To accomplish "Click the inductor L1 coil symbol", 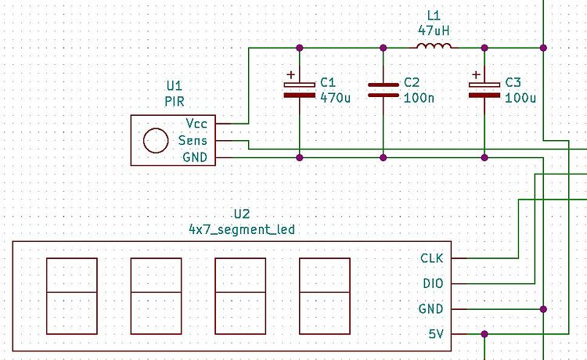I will point(434,48).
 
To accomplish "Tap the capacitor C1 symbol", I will point(299,89).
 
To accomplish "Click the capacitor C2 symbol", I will point(383,89).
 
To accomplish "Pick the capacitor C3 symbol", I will point(484,89).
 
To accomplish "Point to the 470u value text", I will point(334,98).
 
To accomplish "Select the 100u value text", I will point(520,98).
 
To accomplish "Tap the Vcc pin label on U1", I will point(196,124).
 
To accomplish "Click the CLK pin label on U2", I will point(432,258).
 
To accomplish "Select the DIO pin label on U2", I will point(433,283).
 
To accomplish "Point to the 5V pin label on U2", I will point(436,334).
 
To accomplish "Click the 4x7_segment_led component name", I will point(241,229).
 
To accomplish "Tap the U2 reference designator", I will point(241,214).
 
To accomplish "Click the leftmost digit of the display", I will point(72,295).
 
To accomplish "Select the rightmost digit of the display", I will point(324,295).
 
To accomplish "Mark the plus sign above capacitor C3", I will point(475,77).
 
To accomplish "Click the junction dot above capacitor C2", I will point(383,48).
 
